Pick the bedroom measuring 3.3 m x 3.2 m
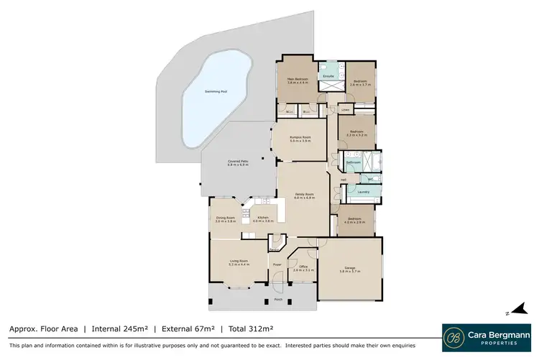coord(357,134)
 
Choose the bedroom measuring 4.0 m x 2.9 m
coord(355,221)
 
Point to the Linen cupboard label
coord(346,110)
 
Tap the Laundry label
coord(362,192)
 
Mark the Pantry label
coord(274,249)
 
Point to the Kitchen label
coord(263,218)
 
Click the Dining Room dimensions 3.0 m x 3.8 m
coord(226,222)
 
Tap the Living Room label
coord(239,262)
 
